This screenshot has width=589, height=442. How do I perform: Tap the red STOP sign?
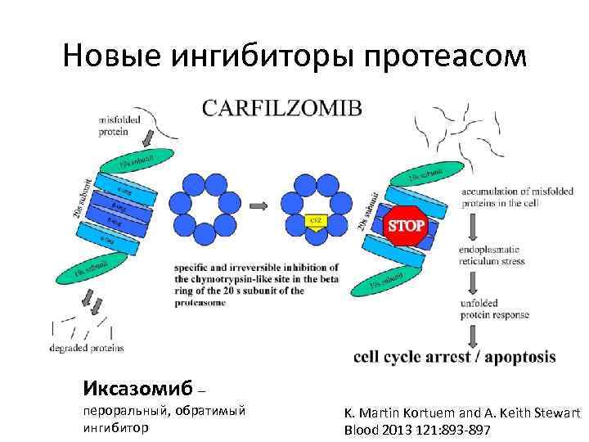(x=405, y=224)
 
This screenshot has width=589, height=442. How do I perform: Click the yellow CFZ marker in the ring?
(x=314, y=221)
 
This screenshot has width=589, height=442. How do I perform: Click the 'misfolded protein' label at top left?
(x=118, y=125)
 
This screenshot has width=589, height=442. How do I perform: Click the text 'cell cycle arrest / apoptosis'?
(x=454, y=357)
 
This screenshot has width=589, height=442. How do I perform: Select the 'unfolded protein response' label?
(x=494, y=309)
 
